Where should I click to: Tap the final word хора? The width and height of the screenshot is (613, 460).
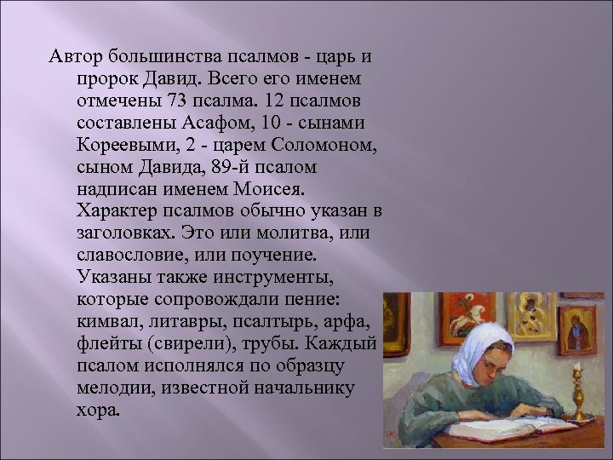pos(98,407)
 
